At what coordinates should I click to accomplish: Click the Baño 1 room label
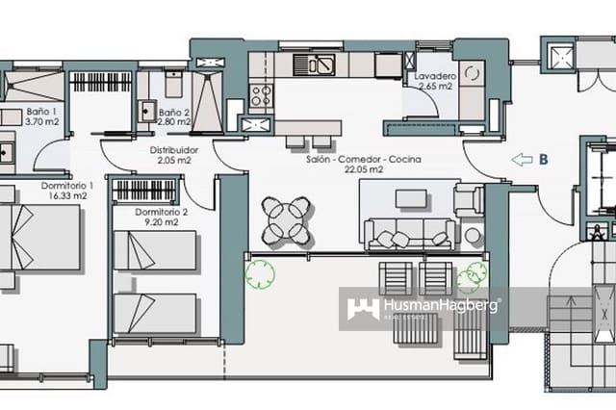(41, 112)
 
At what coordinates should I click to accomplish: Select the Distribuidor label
(175, 151)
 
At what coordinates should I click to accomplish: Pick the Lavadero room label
(435, 75)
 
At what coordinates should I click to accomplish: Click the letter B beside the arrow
(544, 160)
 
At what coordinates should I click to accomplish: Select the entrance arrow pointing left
(522, 160)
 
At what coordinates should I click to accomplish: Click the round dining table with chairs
(286, 220)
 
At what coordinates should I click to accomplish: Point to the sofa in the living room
(408, 232)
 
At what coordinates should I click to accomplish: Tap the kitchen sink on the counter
(320, 64)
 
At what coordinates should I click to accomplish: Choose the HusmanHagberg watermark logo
(423, 308)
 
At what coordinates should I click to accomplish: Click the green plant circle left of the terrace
(259, 276)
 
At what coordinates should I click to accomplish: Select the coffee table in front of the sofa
(411, 198)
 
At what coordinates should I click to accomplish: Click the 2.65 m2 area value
(435, 86)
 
